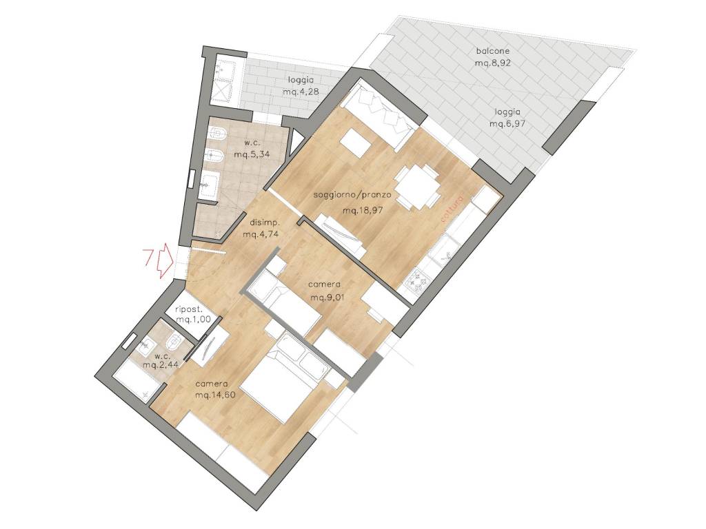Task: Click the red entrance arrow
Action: coord(164,260)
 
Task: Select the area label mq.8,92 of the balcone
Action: coord(492,63)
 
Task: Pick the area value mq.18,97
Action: coord(363,211)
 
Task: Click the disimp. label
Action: coord(265,222)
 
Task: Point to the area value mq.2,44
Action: coord(161,364)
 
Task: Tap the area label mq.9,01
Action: coord(325,297)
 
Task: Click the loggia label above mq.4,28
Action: coord(301,80)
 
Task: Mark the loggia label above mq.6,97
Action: coord(507,112)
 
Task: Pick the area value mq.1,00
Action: coord(192,320)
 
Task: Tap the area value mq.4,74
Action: coord(261,234)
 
